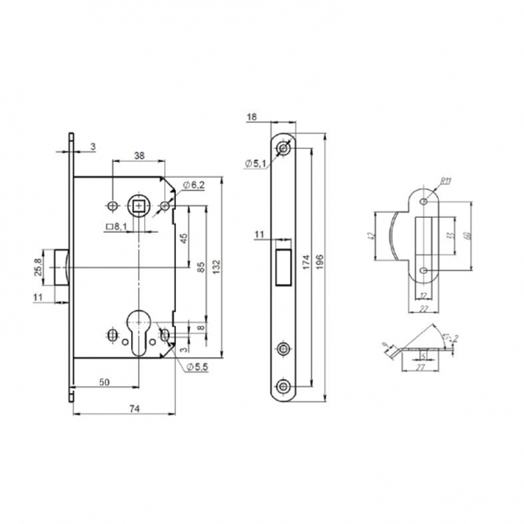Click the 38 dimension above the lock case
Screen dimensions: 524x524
(x=139, y=156)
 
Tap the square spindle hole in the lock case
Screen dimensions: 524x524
(x=138, y=206)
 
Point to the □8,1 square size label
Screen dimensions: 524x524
(x=116, y=226)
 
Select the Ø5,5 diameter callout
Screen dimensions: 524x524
(x=196, y=367)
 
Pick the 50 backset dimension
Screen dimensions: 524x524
(x=105, y=383)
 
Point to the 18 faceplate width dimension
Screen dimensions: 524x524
(x=251, y=118)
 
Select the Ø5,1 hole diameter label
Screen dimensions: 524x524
(x=255, y=164)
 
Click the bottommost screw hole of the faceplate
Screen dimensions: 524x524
(x=283, y=387)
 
